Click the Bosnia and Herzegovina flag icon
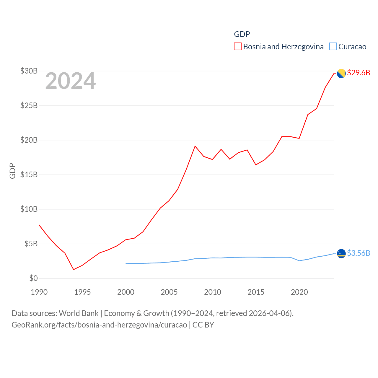point(341,73)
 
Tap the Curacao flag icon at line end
point(341,253)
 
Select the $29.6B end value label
point(359,73)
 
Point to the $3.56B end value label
point(359,253)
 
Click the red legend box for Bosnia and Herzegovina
point(238,47)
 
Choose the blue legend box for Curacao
point(333,47)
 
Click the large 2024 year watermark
point(70,81)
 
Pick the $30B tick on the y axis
point(29,71)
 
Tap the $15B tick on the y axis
point(29,175)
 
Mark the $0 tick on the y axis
point(33,278)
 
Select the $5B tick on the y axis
point(31,244)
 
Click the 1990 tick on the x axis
point(39,292)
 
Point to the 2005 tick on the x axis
point(169,292)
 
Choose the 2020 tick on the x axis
point(299,292)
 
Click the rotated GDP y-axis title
point(12,171)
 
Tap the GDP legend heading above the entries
point(242,34)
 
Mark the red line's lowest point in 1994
point(74,269)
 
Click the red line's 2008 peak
point(195,146)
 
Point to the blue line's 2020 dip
point(299,260)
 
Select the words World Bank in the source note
point(79,313)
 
